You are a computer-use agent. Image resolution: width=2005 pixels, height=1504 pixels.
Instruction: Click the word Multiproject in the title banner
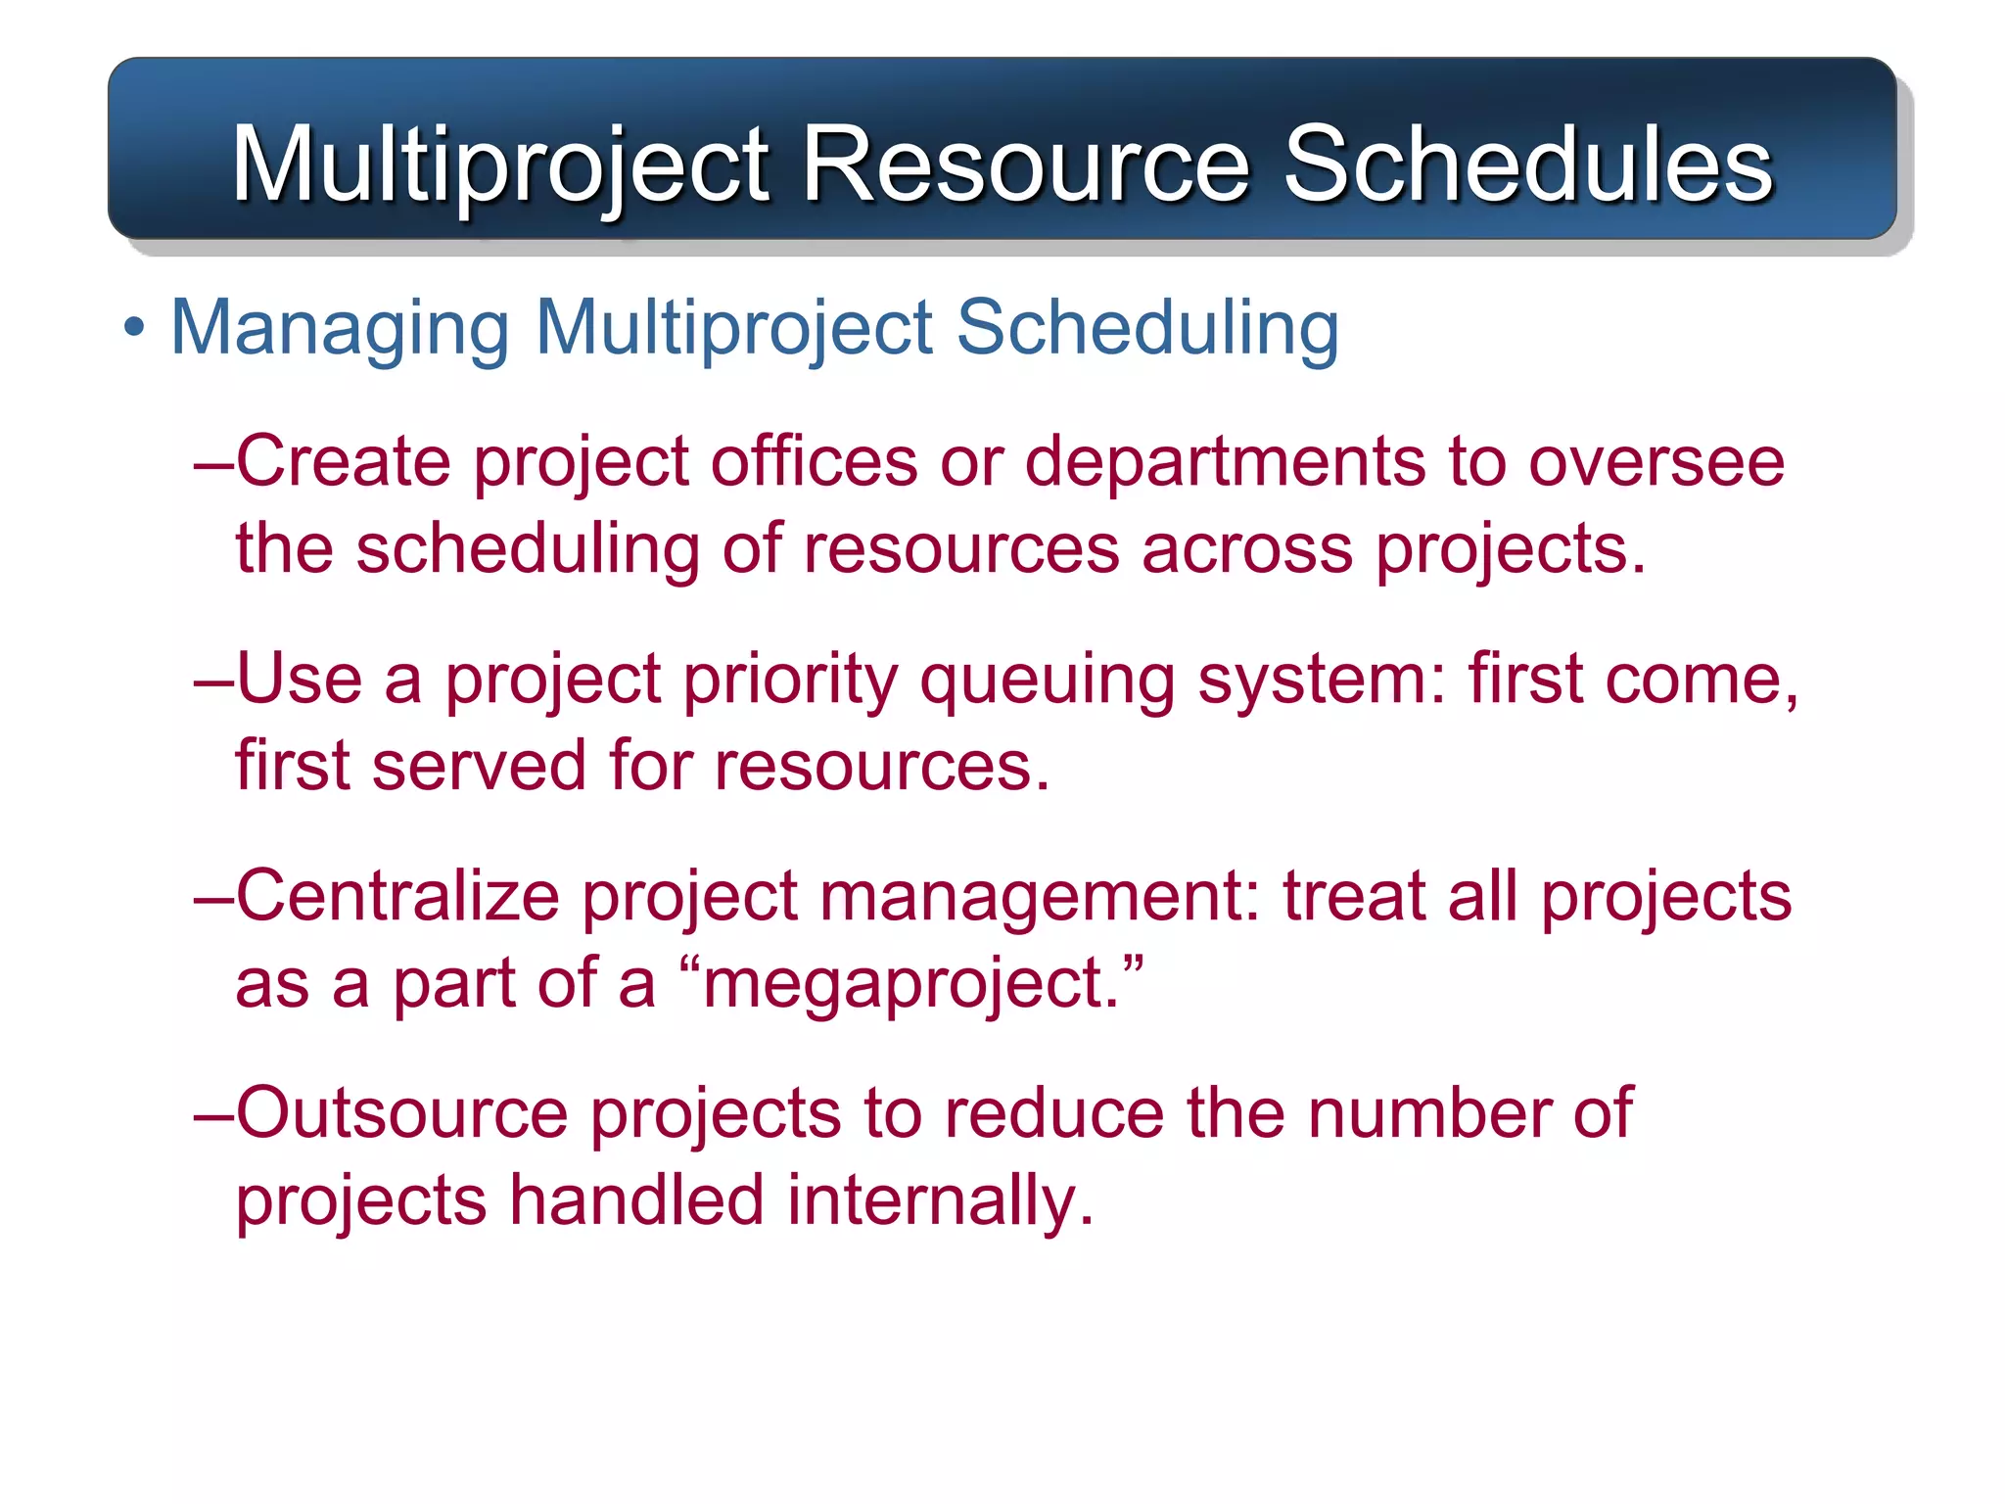pyautogui.click(x=500, y=165)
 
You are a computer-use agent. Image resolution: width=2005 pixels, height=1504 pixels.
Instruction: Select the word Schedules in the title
pyautogui.click(x=1527, y=164)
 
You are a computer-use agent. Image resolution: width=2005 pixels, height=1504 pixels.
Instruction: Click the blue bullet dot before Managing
pyautogui.click(x=134, y=328)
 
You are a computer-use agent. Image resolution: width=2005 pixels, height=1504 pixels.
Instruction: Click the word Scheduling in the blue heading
pyautogui.click(x=1146, y=328)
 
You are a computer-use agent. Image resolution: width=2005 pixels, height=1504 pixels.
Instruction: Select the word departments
pyautogui.click(x=1225, y=461)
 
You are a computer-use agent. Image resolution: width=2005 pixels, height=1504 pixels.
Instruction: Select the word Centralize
pyautogui.click(x=396, y=896)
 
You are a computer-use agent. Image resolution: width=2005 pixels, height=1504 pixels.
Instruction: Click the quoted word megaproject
pyautogui.click(x=910, y=985)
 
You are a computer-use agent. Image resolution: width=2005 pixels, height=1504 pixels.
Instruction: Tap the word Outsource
pyautogui.click(x=401, y=1113)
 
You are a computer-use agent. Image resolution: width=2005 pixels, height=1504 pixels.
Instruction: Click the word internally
pyautogui.click(x=939, y=1200)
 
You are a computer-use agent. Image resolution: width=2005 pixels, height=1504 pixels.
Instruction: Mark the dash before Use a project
pyautogui.click(x=213, y=680)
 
